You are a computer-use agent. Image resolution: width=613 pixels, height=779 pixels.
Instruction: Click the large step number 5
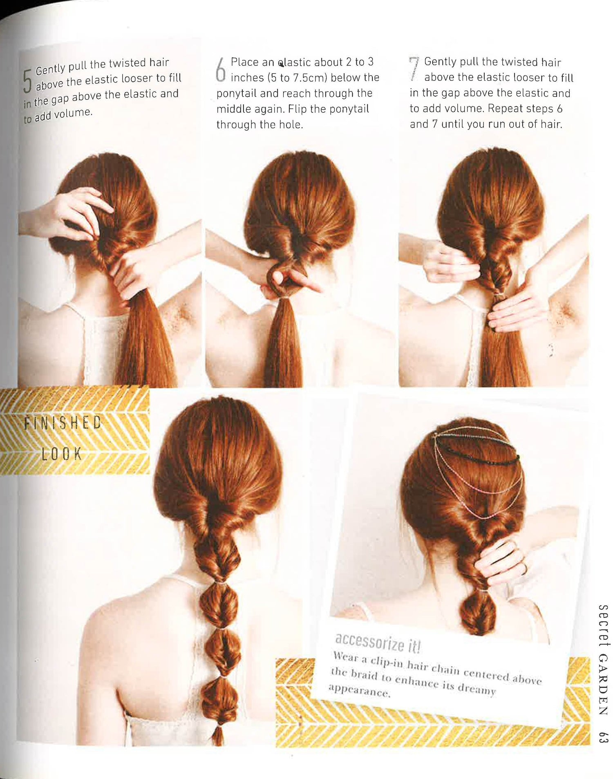(x=27, y=81)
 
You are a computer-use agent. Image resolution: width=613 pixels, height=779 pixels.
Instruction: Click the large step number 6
(x=221, y=69)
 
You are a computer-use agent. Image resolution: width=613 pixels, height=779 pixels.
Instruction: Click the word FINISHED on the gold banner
(x=63, y=423)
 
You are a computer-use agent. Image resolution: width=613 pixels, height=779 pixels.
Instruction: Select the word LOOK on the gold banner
(x=62, y=454)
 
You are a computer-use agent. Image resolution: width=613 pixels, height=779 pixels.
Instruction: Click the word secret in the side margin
(x=603, y=625)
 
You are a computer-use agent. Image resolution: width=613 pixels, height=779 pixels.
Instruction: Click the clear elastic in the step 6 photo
(x=282, y=299)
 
